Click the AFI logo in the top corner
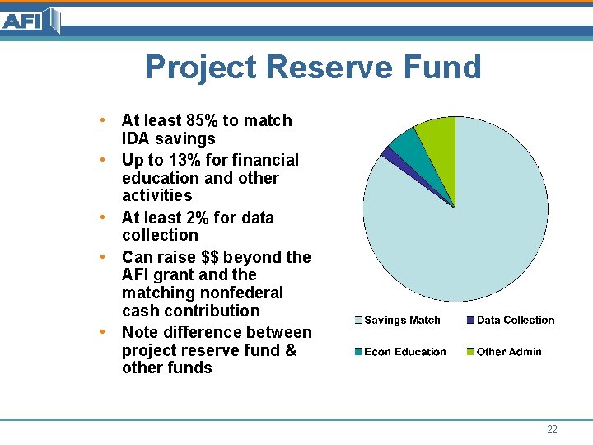pyautogui.click(x=30, y=20)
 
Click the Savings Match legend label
pyautogui.click(x=402, y=321)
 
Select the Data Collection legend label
pyautogui.click(x=516, y=321)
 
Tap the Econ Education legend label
pyautogui.click(x=404, y=352)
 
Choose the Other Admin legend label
pyautogui.click(x=509, y=352)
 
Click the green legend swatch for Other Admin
pyautogui.click(x=470, y=352)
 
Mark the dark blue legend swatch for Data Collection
pyautogui.click(x=470, y=321)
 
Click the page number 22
pyautogui.click(x=552, y=429)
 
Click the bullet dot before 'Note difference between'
pyautogui.click(x=101, y=332)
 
